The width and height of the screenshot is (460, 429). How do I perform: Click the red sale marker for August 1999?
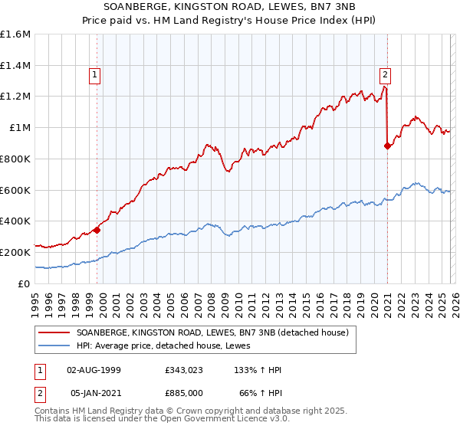tap(97, 229)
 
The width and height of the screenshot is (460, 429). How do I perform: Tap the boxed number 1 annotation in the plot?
tap(94, 74)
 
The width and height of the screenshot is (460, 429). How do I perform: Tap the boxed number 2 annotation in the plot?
tap(384, 74)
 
